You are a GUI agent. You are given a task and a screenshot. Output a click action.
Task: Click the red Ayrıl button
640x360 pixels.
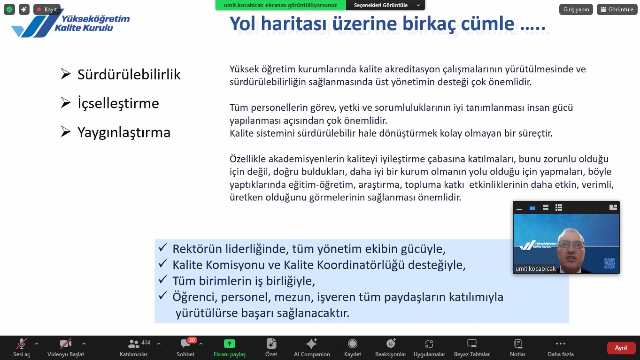621,348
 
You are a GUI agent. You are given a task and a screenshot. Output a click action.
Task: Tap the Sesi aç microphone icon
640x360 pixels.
22,344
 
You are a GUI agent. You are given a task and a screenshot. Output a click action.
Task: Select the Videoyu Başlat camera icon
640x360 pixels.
65,344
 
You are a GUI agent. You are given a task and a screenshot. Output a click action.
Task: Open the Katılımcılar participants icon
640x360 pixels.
133,344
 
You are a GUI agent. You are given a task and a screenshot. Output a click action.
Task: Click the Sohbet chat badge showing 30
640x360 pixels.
192,340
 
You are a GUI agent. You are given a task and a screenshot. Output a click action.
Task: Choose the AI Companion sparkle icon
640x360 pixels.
311,344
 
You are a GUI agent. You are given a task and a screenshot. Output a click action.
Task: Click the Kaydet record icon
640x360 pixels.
353,344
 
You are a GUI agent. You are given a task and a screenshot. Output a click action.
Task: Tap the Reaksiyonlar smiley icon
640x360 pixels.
391,343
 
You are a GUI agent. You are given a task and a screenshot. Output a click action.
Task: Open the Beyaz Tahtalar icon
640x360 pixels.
472,344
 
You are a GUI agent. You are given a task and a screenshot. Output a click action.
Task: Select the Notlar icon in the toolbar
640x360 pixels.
518,344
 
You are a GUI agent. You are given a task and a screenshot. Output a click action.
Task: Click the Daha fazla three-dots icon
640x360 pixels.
561,344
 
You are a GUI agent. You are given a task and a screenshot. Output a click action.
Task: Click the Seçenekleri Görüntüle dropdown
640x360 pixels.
386,5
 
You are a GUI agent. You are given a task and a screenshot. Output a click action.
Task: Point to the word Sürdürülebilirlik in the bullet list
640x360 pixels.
129,75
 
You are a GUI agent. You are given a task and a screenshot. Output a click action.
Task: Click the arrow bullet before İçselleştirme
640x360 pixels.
65,102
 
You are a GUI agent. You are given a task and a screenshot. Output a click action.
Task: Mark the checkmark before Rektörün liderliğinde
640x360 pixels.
162,247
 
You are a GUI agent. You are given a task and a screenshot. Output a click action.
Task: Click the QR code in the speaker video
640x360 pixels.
609,263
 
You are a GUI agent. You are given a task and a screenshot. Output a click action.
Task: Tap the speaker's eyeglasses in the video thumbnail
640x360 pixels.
571,244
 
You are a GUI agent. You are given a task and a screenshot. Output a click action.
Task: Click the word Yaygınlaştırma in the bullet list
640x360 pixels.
124,133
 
